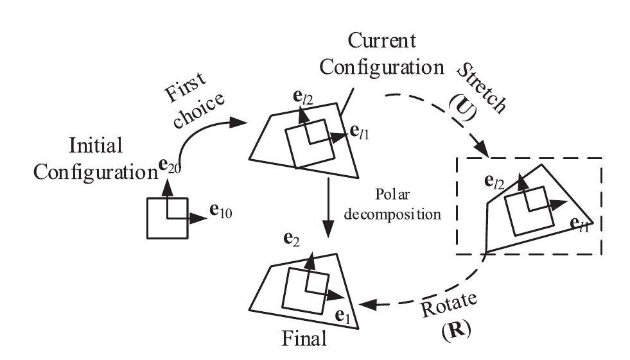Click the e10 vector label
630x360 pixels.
point(221,212)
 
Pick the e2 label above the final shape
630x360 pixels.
point(292,239)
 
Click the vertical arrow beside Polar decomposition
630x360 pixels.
point(328,205)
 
